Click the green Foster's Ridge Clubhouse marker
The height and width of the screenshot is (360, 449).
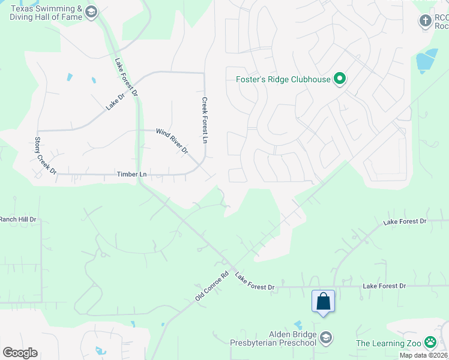pos(340,79)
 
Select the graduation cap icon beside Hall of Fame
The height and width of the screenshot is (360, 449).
pos(91,12)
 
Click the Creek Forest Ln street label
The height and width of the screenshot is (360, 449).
pos(205,120)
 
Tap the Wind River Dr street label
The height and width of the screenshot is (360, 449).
pos(172,140)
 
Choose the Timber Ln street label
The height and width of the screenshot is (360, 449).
pos(132,174)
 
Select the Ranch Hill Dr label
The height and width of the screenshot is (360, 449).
pos(18,220)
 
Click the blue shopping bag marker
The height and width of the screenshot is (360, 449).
pos(323,301)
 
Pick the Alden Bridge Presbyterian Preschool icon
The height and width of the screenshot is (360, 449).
pos(326,337)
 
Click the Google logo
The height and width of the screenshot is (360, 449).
pos(20,353)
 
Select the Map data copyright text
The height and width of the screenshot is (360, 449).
pos(423,355)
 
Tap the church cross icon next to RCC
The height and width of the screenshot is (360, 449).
pos(425,20)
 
